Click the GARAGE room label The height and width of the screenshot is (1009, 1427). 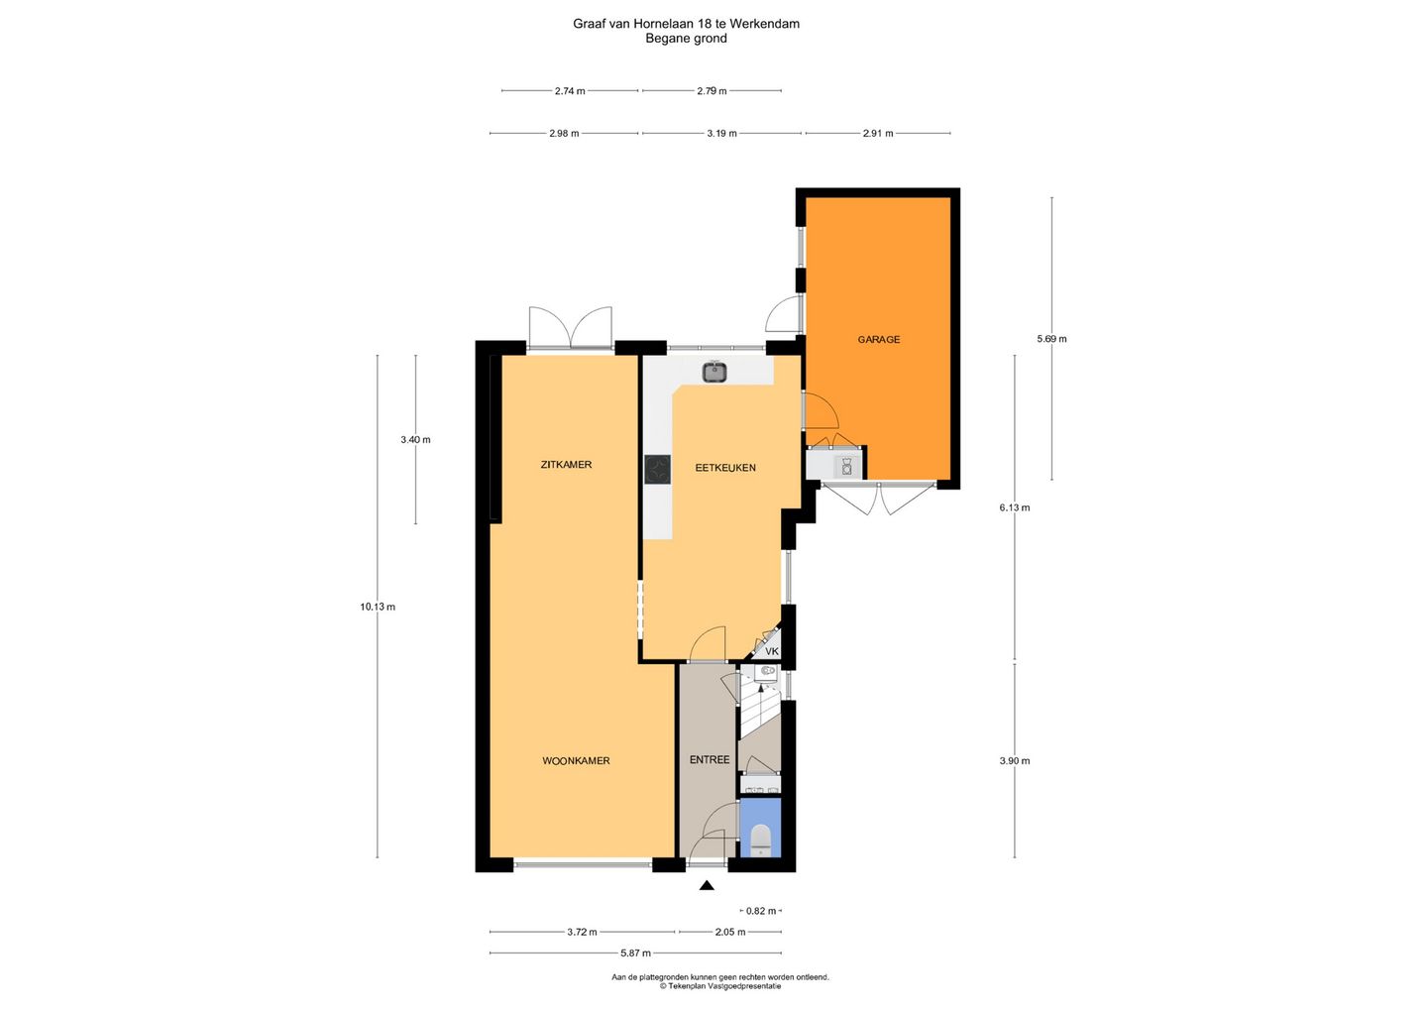tap(878, 340)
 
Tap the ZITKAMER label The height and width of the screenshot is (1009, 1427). tap(566, 465)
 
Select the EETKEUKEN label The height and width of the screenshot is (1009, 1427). tap(725, 468)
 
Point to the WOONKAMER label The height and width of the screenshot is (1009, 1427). tap(576, 760)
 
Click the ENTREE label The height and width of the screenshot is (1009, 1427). tap(710, 759)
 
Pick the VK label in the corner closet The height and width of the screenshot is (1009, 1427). tap(771, 651)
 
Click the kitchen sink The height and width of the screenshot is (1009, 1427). tap(715, 372)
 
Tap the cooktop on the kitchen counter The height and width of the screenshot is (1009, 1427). tap(657, 470)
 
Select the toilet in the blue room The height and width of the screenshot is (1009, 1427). tap(761, 840)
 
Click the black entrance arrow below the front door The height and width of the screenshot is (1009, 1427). tap(707, 885)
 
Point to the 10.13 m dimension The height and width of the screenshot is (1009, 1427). tap(378, 607)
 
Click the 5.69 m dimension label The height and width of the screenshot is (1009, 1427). tap(1051, 339)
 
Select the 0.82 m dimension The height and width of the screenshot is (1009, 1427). tap(761, 911)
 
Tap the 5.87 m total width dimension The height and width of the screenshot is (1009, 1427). tap(636, 953)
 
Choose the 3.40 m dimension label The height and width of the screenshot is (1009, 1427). tap(415, 439)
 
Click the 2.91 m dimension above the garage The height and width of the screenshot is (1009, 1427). tap(878, 133)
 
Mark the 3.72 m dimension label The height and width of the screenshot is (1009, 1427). tap(583, 932)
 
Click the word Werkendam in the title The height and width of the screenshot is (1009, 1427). tap(764, 24)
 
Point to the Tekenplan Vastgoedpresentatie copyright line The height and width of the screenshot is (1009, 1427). tap(719, 986)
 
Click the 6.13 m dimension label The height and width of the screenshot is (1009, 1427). tap(1014, 507)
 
